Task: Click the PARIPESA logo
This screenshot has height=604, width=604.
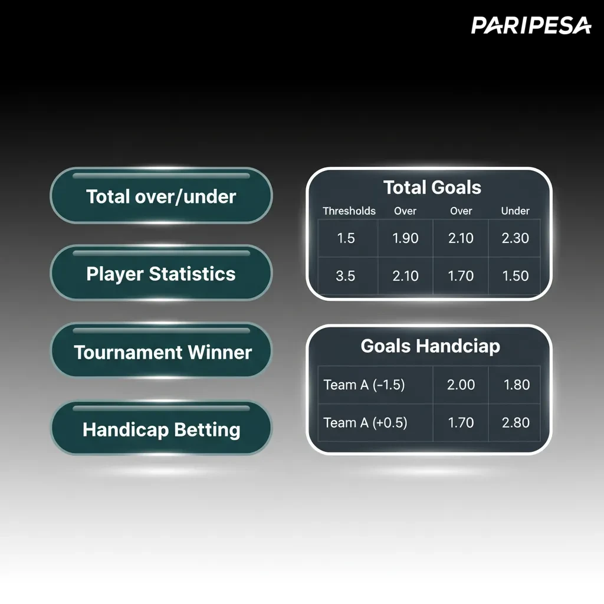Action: pos(531,25)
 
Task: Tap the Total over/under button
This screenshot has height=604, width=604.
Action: pos(161,196)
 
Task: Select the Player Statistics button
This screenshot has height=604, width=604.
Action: pos(161,273)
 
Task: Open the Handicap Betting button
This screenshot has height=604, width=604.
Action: pos(161,428)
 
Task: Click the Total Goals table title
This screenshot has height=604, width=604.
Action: pos(432,188)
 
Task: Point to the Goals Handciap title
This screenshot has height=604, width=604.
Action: pos(430,346)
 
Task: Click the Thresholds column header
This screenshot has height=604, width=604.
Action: pos(349,211)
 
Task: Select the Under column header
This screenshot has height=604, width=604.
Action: pos(515,211)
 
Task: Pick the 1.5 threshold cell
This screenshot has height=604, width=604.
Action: pos(346,238)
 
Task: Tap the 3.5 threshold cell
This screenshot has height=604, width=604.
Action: pos(345,276)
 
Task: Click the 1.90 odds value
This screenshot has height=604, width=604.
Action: pos(405,238)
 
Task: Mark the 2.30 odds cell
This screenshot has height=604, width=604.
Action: pos(516,238)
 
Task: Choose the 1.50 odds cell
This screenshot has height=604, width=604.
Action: pos(516,276)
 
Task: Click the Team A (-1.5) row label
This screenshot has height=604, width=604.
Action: pos(364,385)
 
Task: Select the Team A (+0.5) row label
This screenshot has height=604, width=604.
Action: pos(365,422)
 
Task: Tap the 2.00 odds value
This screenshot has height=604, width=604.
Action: pos(461,385)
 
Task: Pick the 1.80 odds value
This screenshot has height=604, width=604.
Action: pos(517,385)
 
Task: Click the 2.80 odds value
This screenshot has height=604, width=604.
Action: pos(516,422)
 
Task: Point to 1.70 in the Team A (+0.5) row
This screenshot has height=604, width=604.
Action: pos(461,422)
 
